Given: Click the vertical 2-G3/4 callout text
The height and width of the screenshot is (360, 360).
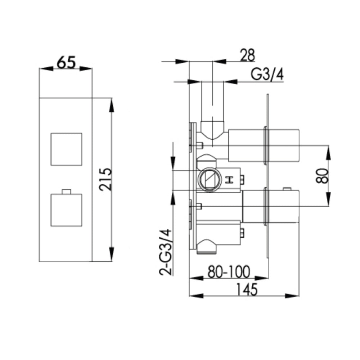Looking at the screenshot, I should click(166, 252).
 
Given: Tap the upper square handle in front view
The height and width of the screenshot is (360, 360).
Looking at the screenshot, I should click(66, 149).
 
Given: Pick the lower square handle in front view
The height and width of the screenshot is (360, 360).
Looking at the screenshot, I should click(66, 210).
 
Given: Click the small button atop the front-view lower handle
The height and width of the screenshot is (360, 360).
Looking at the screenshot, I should click(66, 191).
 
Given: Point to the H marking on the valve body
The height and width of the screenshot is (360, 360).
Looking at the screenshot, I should click(228, 180).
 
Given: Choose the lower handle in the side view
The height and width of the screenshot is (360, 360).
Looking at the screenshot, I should click(271, 206).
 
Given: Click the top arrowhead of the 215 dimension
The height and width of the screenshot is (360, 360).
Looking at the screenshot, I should click(112, 104).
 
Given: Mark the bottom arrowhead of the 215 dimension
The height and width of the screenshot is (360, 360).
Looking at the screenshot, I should click(112, 254).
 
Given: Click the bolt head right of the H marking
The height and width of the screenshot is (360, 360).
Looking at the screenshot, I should click(243, 179).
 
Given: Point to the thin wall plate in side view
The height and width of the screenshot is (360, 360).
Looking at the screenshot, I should click(267, 176).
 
